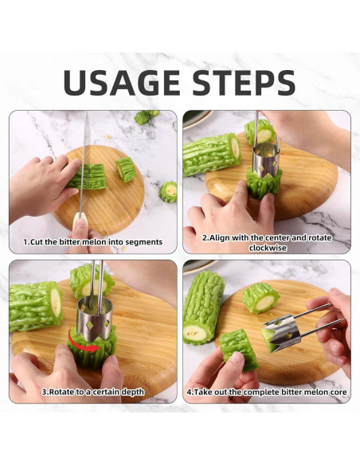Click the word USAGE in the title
coord(121,82)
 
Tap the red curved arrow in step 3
coord(83,342)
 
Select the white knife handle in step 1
coord(80,219)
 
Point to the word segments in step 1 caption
coord(144,242)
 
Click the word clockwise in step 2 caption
coord(268,248)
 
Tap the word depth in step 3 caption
coord(132,392)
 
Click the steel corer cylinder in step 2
coord(266,161)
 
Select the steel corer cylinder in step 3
coord(94,318)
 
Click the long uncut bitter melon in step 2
coord(211,154)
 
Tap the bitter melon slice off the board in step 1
coord(168,192)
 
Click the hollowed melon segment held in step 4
coord(240,350)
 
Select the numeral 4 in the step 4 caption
coord(190,392)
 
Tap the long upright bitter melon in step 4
coord(203,307)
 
